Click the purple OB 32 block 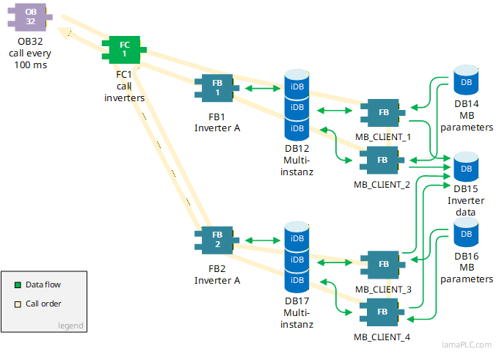coord(30,16)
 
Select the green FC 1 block coord(124,49)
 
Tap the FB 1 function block coord(217,88)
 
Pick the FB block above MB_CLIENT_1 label coord(382,112)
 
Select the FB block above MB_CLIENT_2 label coord(382,159)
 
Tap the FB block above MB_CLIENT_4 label coord(382,312)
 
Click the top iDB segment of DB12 coord(296,87)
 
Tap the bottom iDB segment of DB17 coord(296,281)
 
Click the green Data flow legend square coord(18,284)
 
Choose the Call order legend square coord(18,304)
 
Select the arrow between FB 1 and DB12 coord(259,89)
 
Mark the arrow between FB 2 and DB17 coord(259,240)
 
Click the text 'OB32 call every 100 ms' coord(30,54)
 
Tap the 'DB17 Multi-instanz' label coord(298,313)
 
